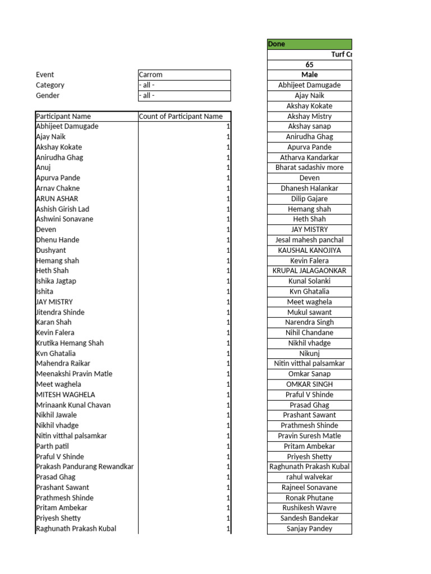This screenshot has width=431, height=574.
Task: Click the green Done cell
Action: tap(309, 44)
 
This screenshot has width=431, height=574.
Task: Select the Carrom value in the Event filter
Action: tap(184, 75)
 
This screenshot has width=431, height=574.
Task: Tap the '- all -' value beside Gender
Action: tap(184, 96)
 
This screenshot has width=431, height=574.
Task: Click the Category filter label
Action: tap(50, 85)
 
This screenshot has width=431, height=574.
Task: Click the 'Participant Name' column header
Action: tap(63, 117)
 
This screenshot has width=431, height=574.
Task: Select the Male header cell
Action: tap(309, 75)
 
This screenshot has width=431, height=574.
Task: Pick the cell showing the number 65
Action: tap(309, 65)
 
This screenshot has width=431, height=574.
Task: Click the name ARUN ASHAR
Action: tap(57, 198)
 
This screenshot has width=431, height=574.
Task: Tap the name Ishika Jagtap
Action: tap(56, 281)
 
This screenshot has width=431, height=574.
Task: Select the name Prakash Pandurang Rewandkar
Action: tap(85, 466)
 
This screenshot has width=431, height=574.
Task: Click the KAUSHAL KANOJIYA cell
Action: tap(309, 250)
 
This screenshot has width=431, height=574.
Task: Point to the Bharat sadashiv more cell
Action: tap(309, 168)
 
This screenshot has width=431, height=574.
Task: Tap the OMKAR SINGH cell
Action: tap(309, 384)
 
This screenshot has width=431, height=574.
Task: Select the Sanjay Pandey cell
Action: tap(309, 529)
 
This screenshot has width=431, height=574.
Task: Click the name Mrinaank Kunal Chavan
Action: tap(73, 405)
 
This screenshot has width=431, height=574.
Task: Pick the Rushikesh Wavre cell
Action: tap(309, 508)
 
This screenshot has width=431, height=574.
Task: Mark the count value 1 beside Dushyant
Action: tap(228, 250)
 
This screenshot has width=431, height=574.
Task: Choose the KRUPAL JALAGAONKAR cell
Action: tap(309, 271)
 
